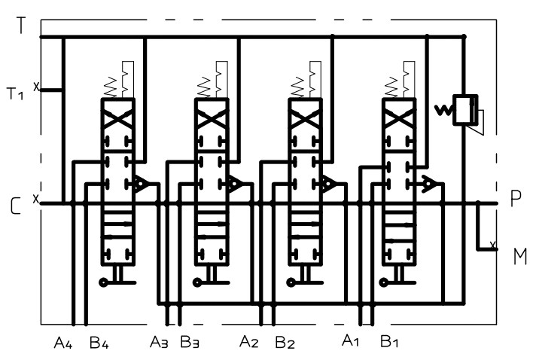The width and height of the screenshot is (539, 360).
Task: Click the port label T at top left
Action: coord(21,25)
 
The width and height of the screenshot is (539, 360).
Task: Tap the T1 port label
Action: coord(15,93)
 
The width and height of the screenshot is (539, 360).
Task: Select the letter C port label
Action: coord(16,206)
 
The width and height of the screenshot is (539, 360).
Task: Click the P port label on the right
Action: coord(516,198)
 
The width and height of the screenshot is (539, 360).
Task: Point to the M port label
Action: coord(520,257)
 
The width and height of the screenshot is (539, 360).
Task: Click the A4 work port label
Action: coord(63,342)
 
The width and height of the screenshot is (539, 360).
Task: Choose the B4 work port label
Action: coord(99,342)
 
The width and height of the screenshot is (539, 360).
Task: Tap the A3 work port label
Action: coord(159,342)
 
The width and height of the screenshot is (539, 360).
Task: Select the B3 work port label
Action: coord(190,342)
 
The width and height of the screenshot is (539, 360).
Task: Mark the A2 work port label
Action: coord(249,341)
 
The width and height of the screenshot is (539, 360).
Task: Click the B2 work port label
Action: coord(285,343)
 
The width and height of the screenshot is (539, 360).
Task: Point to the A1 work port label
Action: coord(351,340)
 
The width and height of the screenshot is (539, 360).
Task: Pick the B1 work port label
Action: coord(389,340)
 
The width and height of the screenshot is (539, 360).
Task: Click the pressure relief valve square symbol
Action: coord(465,110)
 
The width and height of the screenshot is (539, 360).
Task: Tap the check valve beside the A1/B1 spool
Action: coord(429,184)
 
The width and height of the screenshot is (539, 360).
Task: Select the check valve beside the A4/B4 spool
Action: coord(141,184)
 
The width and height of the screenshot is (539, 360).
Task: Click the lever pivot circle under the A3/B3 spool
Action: coord(197,282)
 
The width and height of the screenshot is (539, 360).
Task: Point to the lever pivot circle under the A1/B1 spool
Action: coord(384,282)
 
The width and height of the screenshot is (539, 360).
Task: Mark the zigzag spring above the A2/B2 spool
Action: coord(297,87)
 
